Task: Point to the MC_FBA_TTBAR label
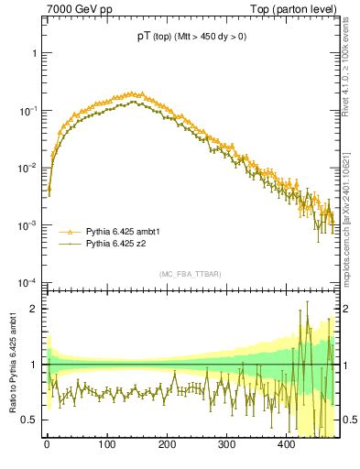pyautogui.click(x=190, y=274)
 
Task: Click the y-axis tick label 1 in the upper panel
pyautogui.click(x=34, y=53)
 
